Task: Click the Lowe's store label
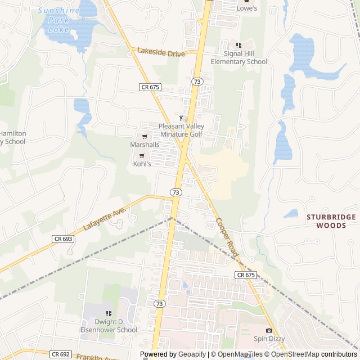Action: point(246,8)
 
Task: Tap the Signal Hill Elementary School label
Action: point(238,58)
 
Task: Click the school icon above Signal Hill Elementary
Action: point(238,45)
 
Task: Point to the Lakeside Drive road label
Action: point(161,52)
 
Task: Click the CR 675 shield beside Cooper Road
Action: point(246,275)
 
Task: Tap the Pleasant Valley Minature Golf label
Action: point(181,130)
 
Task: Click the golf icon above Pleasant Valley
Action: point(181,118)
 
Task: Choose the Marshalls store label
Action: point(145,145)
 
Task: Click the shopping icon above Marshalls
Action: point(145,136)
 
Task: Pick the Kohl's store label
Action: point(142,164)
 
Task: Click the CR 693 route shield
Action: point(63,239)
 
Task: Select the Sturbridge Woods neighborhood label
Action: point(331,221)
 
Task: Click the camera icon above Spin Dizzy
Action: point(269,330)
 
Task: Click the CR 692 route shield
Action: point(60,354)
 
